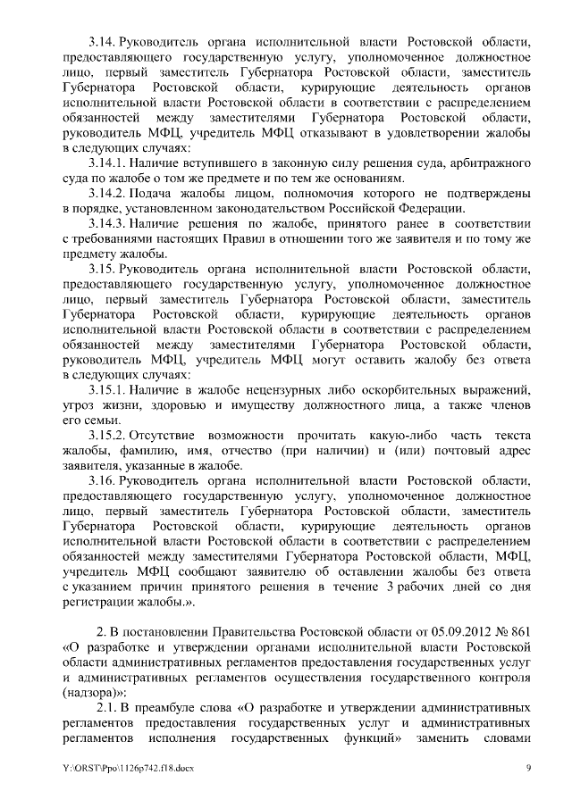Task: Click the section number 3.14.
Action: pyautogui.click(x=104, y=42)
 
